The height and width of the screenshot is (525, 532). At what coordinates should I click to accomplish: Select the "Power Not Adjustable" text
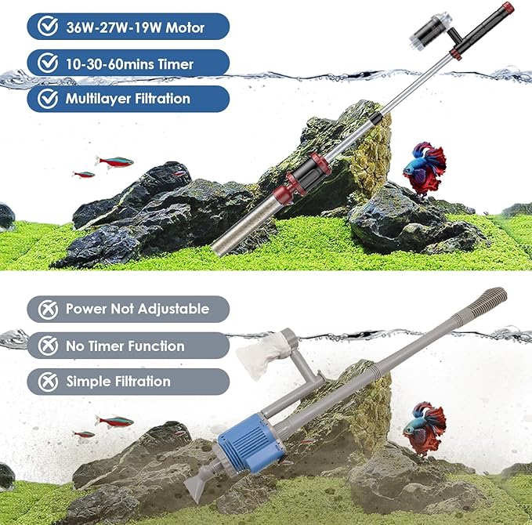pos(137,309)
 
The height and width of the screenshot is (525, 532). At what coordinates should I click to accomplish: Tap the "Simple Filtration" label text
pos(118,382)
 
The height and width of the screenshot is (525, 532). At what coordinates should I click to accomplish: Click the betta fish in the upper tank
pos(424,166)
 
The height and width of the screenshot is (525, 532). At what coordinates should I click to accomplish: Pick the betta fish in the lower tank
pos(424,426)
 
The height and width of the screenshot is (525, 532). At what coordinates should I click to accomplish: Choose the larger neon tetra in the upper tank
pos(114,161)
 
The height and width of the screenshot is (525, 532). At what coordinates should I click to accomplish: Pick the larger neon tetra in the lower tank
pos(114,422)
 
